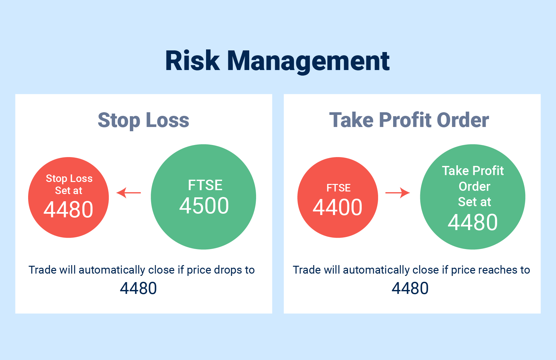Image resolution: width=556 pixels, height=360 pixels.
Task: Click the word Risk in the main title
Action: [193, 61]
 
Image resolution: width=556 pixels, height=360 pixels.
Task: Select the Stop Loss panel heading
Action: [144, 120]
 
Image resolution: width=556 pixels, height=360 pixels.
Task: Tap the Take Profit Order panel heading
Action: [409, 120]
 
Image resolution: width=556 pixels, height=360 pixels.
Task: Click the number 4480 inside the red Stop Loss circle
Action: [68, 209]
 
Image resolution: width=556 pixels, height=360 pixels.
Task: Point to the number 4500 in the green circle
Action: [204, 206]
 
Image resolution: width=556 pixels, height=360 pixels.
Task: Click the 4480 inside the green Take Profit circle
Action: [473, 222]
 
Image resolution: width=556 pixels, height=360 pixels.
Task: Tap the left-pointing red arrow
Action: [129, 192]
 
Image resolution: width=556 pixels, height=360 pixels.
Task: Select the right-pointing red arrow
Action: [398, 192]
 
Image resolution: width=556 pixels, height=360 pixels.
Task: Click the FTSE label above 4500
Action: [205, 185]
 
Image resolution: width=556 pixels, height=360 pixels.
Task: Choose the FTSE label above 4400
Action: [339, 188]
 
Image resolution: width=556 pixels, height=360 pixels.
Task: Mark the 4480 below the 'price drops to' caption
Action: [138, 288]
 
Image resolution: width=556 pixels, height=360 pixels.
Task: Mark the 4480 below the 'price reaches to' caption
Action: [410, 288]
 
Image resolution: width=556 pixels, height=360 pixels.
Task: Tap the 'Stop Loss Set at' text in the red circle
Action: [69, 184]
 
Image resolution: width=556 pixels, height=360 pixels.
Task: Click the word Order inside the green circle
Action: [474, 186]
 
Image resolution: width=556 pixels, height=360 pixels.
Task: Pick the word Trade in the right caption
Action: [307, 270]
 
